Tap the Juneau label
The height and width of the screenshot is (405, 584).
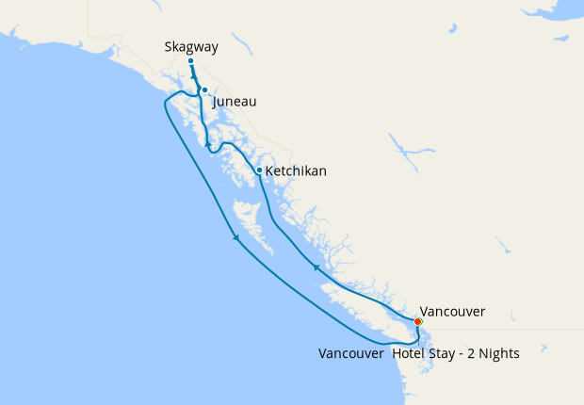pos(235,102)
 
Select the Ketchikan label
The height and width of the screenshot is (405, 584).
pos(296,171)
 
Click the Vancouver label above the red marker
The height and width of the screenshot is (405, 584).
pos(452,311)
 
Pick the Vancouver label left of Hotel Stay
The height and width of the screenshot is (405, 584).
pos(350,354)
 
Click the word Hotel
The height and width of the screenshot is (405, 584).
pos(409,354)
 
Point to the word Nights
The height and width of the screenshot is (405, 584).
pos(497,354)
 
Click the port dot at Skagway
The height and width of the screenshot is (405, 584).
pos(190,61)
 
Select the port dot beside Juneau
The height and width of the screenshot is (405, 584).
pos(204,90)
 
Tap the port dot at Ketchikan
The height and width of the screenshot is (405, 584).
pos(259,170)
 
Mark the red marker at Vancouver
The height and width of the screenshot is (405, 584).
pos(418,322)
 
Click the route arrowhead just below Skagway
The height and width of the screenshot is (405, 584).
pos(193,76)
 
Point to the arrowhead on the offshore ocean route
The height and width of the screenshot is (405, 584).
pos(236,239)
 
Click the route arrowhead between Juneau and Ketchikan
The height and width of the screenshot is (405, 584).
pos(208,143)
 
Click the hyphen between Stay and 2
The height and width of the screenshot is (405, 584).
pos(462,355)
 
